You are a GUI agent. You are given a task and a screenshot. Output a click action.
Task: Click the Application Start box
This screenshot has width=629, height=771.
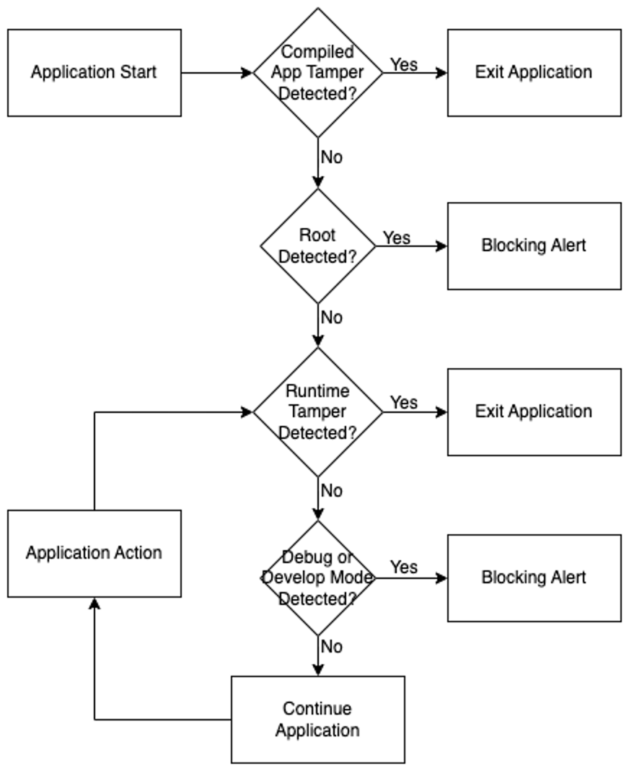(94, 72)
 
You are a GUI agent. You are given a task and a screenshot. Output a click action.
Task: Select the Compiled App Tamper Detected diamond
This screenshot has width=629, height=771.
(317, 72)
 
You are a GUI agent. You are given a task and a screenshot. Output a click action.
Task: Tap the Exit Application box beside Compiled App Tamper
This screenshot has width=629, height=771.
(534, 72)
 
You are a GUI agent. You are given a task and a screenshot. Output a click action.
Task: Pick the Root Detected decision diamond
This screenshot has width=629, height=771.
(317, 246)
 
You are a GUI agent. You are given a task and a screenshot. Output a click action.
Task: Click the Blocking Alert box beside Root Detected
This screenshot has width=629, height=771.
(534, 245)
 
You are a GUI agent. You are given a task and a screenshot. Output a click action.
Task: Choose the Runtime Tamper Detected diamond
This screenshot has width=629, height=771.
(317, 412)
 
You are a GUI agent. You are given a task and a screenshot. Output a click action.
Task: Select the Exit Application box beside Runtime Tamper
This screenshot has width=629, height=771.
(534, 411)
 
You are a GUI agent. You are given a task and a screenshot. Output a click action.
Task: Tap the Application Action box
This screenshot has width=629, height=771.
(94, 553)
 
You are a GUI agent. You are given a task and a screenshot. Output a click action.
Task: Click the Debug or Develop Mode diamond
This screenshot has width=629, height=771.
(317, 578)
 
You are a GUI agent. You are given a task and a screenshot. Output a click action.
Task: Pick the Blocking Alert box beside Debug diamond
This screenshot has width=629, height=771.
(534, 578)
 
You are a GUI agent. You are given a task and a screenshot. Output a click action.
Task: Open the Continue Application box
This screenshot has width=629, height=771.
(317, 719)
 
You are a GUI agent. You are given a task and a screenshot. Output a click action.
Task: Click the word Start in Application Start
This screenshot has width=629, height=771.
(139, 72)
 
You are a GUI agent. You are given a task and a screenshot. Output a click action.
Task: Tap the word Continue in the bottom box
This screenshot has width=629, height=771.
(317, 708)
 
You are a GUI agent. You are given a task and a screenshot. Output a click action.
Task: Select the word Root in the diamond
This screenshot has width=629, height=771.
(317, 235)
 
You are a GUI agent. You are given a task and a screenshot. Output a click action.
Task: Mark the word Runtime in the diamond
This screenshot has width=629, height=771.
(317, 391)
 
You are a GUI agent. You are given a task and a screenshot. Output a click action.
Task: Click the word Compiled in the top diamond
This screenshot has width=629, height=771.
(317, 52)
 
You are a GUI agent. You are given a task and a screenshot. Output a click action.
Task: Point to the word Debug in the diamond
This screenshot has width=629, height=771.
(308, 557)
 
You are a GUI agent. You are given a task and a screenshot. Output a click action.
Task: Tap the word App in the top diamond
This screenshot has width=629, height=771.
(285, 73)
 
